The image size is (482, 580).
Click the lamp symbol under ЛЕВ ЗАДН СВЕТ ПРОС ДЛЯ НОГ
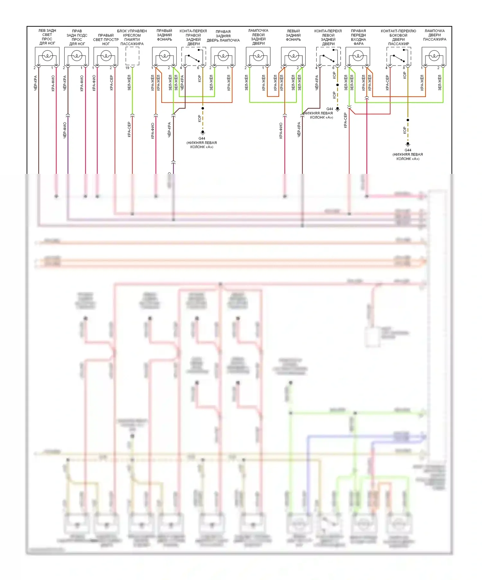point(47,56)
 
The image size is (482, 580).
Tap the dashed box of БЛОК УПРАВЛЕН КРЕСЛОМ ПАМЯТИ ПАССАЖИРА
point(132,56)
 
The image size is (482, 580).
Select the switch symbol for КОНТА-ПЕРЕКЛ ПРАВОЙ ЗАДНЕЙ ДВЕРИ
point(194,58)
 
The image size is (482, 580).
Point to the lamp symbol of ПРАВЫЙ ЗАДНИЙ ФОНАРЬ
point(165,56)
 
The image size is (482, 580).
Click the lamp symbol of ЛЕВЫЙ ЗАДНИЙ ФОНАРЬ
point(293,56)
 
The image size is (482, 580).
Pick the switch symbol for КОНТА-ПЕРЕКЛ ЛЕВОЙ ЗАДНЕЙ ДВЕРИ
point(328,58)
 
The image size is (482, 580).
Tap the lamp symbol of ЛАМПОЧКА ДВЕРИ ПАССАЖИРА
point(434,56)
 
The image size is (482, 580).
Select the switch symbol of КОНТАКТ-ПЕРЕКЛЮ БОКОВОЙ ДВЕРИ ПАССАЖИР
point(399,58)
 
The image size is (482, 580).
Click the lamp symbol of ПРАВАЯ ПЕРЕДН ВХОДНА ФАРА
point(358,56)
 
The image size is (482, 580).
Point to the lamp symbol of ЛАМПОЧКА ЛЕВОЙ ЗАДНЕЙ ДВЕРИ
point(258,56)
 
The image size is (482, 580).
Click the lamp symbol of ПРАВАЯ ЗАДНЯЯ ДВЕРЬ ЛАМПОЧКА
point(223,56)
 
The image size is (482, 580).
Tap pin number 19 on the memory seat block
point(127,68)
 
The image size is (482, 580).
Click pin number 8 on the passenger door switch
point(404,68)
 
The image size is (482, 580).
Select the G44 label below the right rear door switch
point(202,138)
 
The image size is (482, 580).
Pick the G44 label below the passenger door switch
point(408,150)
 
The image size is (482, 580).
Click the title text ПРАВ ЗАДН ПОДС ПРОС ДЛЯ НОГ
point(77,37)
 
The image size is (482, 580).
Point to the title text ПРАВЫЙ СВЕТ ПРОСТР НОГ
point(106,40)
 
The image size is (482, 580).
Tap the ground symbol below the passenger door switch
point(408,144)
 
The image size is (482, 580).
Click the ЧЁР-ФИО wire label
point(65,130)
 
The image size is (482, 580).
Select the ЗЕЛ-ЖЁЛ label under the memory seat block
point(129,83)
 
